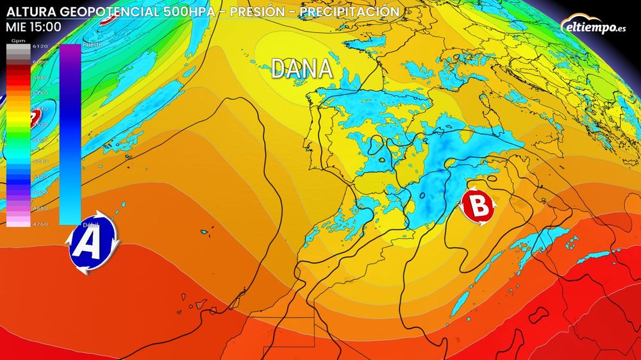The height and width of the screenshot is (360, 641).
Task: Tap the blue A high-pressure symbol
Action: click(x=90, y=243)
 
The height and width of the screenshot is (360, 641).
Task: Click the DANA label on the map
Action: click(x=302, y=69)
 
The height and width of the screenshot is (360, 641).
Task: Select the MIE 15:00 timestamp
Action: click(x=33, y=27)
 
